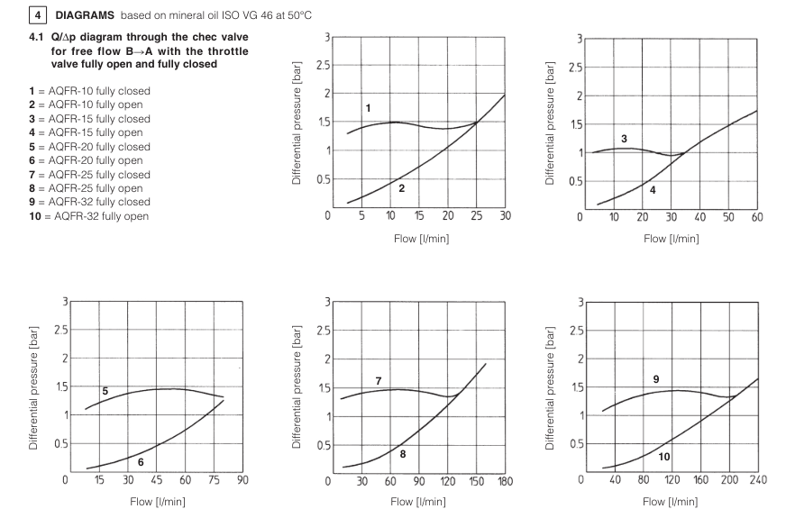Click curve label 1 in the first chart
coord(368,108)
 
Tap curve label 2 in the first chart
coord(401,187)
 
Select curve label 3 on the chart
coord(623,138)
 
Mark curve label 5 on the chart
coord(105,390)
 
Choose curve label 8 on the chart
coord(403,454)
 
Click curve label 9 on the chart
coord(655,379)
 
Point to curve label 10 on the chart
coord(663,457)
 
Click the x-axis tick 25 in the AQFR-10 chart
coord(476,216)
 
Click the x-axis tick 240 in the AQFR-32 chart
coord(757,480)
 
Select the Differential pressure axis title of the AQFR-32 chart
coord(551,386)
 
